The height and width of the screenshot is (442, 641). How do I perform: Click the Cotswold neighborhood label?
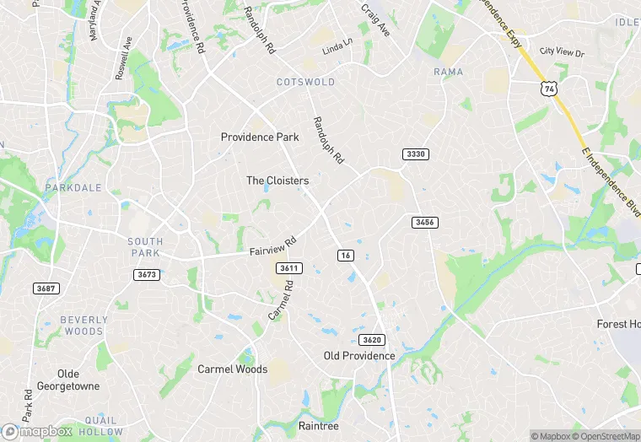pyautogui.click(x=305, y=82)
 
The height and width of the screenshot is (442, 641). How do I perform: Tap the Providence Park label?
pyautogui.click(x=260, y=137)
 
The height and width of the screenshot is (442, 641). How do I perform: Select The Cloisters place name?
pyautogui.click(x=277, y=181)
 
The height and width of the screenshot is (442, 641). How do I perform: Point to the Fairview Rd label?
pyautogui.click(x=273, y=247)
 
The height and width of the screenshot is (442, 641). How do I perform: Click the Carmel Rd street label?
pyautogui.click(x=281, y=300)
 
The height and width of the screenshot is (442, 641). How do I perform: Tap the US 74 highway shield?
pyautogui.click(x=549, y=88)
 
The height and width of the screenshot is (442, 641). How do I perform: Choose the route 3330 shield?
pyautogui.click(x=416, y=154)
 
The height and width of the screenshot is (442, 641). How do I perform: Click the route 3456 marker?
pyautogui.click(x=424, y=222)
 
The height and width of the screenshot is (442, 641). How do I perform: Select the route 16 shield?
pyautogui.click(x=345, y=255)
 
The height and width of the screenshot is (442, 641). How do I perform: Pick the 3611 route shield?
pyautogui.click(x=288, y=267)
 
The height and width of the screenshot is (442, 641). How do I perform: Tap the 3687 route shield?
pyautogui.click(x=46, y=288)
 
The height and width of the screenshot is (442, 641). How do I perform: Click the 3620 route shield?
pyautogui.click(x=371, y=339)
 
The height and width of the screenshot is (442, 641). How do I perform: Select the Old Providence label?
pyautogui.click(x=359, y=355)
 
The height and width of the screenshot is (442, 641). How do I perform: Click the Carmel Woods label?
pyautogui.click(x=232, y=369)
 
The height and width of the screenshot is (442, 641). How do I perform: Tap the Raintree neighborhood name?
pyautogui.click(x=319, y=426)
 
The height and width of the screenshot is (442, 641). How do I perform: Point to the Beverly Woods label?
pyautogui.click(x=84, y=326)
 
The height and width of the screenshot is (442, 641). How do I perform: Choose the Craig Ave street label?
pyautogui.click(x=375, y=19)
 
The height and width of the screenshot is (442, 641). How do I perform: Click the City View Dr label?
pyautogui.click(x=562, y=52)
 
